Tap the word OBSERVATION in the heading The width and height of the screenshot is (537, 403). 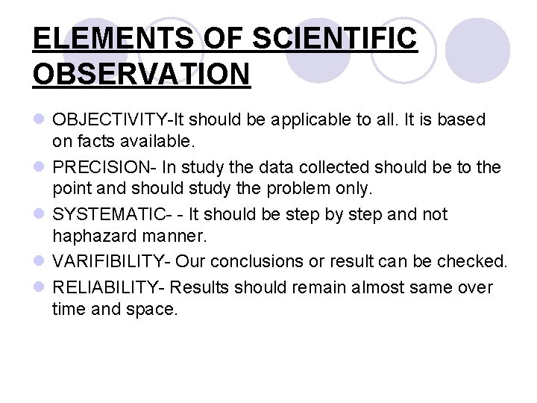point(142,74)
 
